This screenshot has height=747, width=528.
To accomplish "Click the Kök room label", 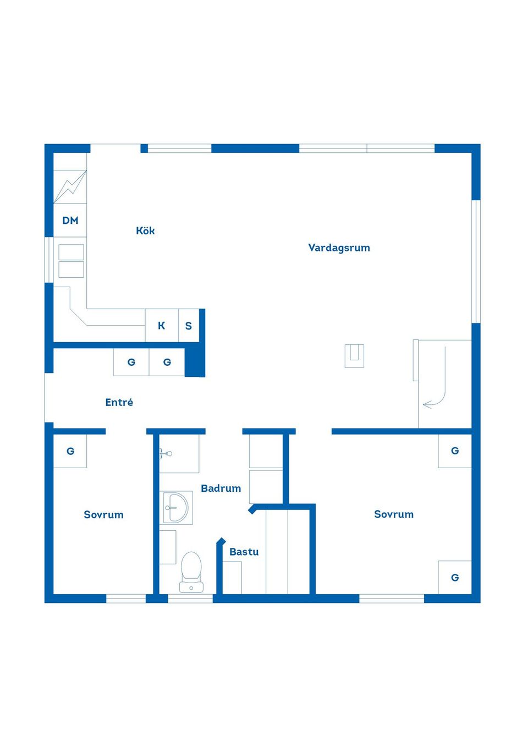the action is point(145,230).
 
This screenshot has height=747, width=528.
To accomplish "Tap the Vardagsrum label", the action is point(339,248).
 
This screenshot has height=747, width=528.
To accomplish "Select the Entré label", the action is point(119,402).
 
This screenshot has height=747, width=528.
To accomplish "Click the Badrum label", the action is point(221,488).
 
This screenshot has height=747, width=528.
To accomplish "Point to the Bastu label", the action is point(244,552).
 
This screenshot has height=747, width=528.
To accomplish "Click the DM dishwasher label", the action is point(70,220).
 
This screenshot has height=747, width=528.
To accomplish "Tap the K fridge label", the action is point(161,326).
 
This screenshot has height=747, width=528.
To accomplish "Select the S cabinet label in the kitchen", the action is point(188,326).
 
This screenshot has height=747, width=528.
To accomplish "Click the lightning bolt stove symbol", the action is point(70,187).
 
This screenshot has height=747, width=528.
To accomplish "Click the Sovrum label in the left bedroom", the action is point(103,514).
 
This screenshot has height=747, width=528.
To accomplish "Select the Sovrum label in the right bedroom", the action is point(394,514).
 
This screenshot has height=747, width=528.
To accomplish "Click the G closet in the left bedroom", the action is point(70,451).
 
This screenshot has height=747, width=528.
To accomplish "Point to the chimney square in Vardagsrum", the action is point(354,356).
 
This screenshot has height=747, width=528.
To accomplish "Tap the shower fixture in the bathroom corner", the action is point(166,453).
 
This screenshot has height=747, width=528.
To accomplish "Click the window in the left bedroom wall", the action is point(126,598).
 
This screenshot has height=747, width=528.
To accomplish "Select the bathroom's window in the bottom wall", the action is point(190,598).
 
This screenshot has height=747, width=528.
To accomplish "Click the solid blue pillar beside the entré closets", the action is point(195,362).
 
